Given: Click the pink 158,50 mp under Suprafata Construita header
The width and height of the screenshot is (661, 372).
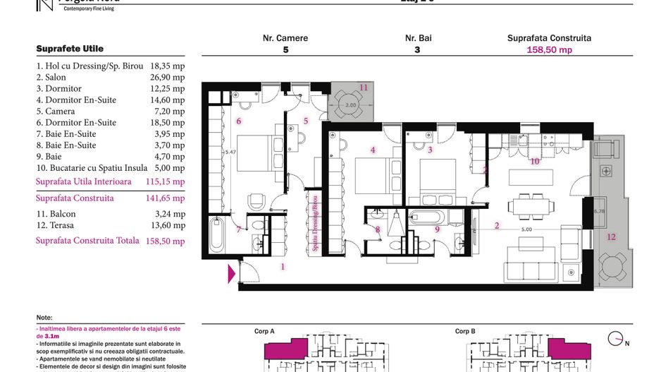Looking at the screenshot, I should (x=549, y=50).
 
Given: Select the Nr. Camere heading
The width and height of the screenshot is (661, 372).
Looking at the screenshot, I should (x=285, y=38).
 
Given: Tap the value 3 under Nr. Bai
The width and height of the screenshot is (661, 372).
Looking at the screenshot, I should (x=418, y=50).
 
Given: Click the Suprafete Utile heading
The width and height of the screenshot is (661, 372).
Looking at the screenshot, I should (x=70, y=49).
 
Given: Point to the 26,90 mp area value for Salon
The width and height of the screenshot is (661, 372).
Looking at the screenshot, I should (x=168, y=78).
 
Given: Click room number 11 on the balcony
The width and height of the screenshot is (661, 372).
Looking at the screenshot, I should (x=364, y=88).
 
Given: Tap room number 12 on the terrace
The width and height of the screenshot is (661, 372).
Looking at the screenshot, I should (x=611, y=237).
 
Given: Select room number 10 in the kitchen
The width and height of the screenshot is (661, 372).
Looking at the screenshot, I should (x=535, y=162).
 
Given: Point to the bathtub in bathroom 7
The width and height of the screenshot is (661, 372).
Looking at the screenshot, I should (x=216, y=234).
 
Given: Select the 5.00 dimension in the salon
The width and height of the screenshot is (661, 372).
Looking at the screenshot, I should (x=526, y=229).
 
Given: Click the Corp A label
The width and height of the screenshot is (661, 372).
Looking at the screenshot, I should (x=264, y=331).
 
